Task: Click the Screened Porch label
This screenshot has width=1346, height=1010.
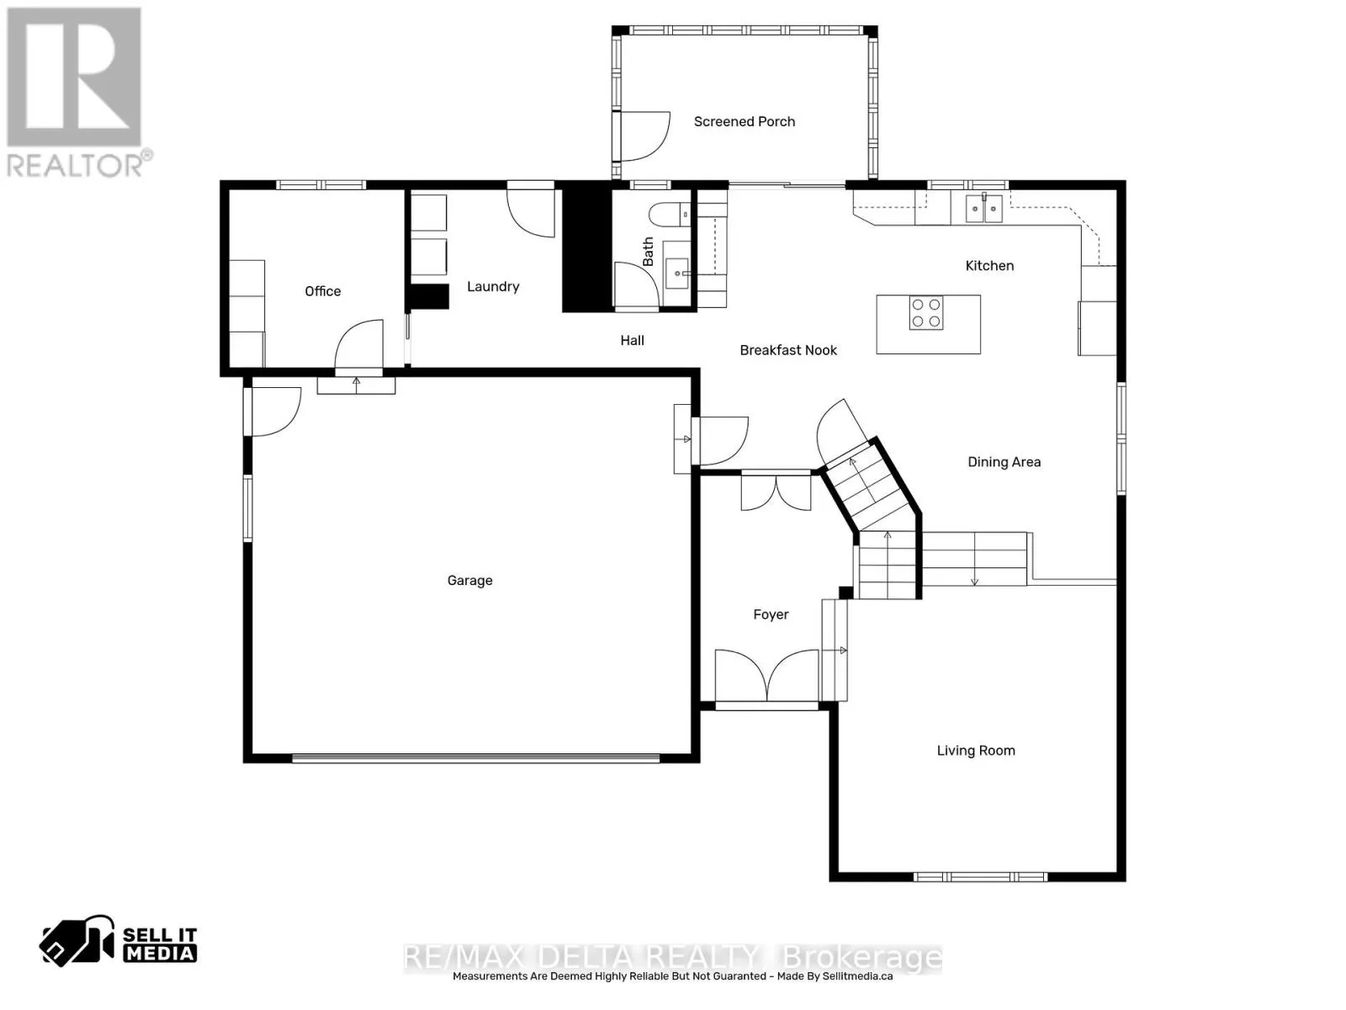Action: pyautogui.click(x=744, y=122)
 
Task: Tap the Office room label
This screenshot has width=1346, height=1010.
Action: pyautogui.click(x=322, y=291)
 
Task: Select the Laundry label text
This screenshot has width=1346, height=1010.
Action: pyautogui.click(x=493, y=287)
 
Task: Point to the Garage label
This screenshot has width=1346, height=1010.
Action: pyautogui.click(x=469, y=581)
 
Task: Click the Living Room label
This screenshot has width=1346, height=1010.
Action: pyautogui.click(x=976, y=751)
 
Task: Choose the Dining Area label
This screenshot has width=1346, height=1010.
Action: pyautogui.click(x=1004, y=462)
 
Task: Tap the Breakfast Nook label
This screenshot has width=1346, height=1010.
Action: pyautogui.click(x=788, y=350)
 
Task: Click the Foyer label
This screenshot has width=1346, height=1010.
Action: pyautogui.click(x=771, y=615)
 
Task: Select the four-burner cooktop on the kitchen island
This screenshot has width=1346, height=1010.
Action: pyautogui.click(x=926, y=313)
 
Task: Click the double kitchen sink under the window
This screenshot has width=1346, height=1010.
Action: pyautogui.click(x=983, y=207)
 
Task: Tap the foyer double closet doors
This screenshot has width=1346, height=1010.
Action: pyautogui.click(x=776, y=492)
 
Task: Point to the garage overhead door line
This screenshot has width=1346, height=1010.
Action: pyautogui.click(x=475, y=758)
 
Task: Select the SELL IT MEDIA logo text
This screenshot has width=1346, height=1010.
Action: pyautogui.click(x=160, y=944)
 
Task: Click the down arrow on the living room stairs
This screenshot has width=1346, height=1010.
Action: pyautogui.click(x=974, y=579)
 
